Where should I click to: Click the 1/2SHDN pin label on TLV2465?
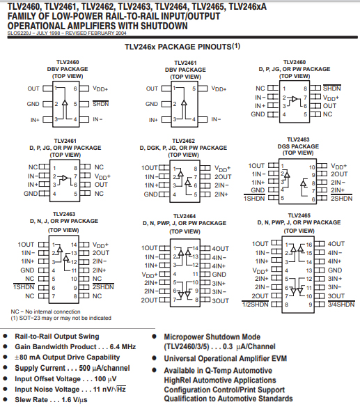tap(256, 305)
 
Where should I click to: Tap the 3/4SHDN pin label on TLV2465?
tap(341, 305)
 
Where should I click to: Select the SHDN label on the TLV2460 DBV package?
tap(101, 104)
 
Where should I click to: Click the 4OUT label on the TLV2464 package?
tap(220, 249)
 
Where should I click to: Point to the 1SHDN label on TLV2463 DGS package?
tap(254, 199)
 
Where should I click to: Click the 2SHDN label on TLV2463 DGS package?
tap(342, 199)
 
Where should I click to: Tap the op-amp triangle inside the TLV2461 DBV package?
tap(184, 103)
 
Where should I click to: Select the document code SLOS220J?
tap(17, 33)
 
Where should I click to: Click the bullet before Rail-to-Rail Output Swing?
tap(5, 336)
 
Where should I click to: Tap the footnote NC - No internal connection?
tap(45, 312)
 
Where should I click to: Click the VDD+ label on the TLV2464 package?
tap(150, 275)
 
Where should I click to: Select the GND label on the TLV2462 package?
tap(150, 194)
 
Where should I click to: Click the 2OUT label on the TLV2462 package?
tap(223, 177)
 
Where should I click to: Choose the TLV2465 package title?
tap(299, 216)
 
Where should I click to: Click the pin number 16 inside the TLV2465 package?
tap(309, 245)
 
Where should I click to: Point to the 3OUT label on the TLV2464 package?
tap(221, 301)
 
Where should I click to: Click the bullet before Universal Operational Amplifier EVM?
tap(155, 358)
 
